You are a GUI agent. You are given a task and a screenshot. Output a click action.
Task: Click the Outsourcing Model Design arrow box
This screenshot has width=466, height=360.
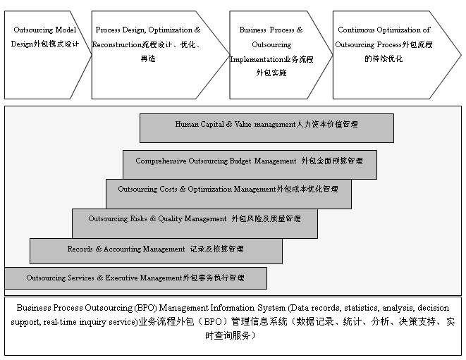click(x=44, y=55)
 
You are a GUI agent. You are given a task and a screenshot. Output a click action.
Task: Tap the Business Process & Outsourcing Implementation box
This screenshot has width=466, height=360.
click(x=276, y=55)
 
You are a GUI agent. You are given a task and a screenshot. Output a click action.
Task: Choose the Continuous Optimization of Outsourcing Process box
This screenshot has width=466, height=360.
click(x=392, y=55)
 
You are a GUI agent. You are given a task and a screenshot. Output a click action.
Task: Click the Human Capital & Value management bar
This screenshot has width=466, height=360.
click(x=266, y=128)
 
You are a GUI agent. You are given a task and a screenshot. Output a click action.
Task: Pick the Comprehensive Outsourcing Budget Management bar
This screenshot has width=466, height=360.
click(x=250, y=165)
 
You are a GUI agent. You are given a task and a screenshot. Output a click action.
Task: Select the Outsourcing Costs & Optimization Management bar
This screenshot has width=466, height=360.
click(x=228, y=194)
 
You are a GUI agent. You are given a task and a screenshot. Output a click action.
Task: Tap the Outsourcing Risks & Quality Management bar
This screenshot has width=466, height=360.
click(x=195, y=223)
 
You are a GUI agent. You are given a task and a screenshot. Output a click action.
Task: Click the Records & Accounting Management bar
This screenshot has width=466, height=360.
click(x=156, y=251)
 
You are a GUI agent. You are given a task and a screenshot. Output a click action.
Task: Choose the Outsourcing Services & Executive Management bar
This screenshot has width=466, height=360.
click(x=136, y=278)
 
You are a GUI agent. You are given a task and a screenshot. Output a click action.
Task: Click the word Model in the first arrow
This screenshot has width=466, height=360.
click(x=66, y=30)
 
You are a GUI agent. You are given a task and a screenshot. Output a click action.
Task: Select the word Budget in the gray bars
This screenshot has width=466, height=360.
click(x=240, y=161)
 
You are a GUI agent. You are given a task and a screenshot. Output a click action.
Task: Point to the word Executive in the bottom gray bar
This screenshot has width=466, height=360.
click(x=121, y=278)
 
